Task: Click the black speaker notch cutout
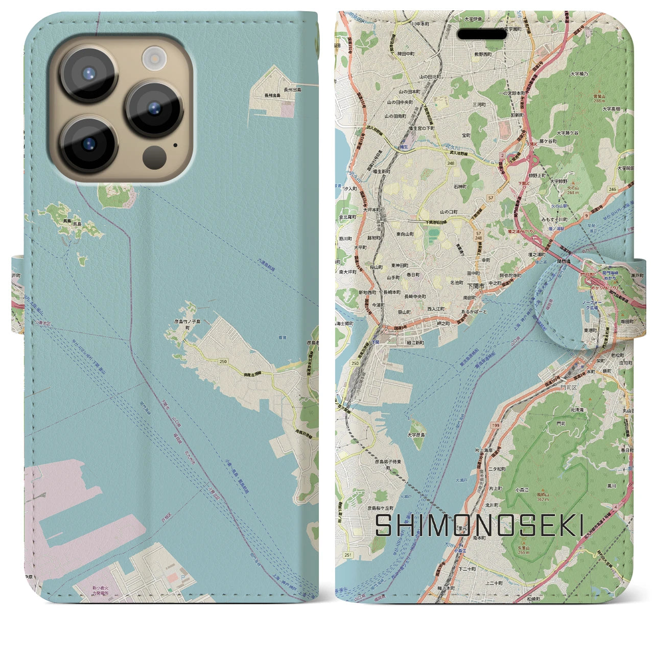pos(482,34)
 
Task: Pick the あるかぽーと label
pos(474,311)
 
